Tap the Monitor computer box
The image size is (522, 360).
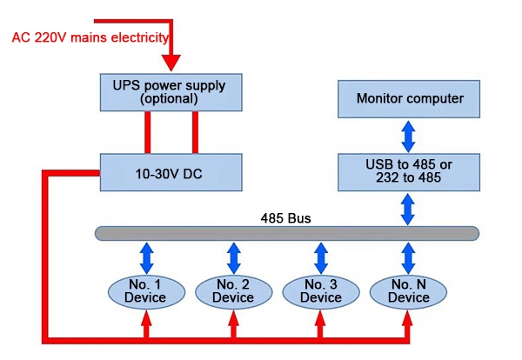(x=409, y=98)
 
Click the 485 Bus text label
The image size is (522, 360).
(x=286, y=217)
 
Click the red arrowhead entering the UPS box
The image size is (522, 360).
(x=171, y=62)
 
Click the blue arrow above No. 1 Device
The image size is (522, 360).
(x=146, y=257)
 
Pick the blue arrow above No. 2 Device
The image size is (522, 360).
(x=233, y=257)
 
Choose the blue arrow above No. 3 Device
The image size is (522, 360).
(x=321, y=257)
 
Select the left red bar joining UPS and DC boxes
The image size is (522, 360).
(x=149, y=132)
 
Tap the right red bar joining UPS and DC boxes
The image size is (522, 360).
(x=195, y=132)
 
